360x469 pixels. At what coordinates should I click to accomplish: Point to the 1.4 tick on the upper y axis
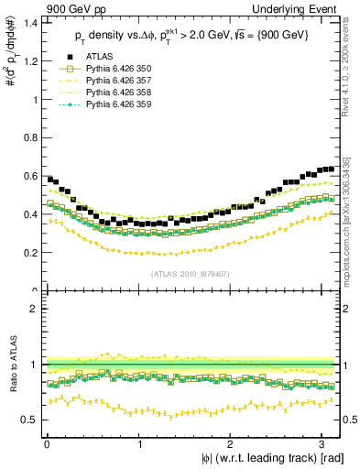point(31,22)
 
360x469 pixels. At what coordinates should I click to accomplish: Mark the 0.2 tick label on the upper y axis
point(31,253)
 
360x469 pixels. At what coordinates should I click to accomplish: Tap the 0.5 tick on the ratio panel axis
point(31,420)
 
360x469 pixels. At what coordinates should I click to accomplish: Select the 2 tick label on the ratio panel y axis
point(36,309)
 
